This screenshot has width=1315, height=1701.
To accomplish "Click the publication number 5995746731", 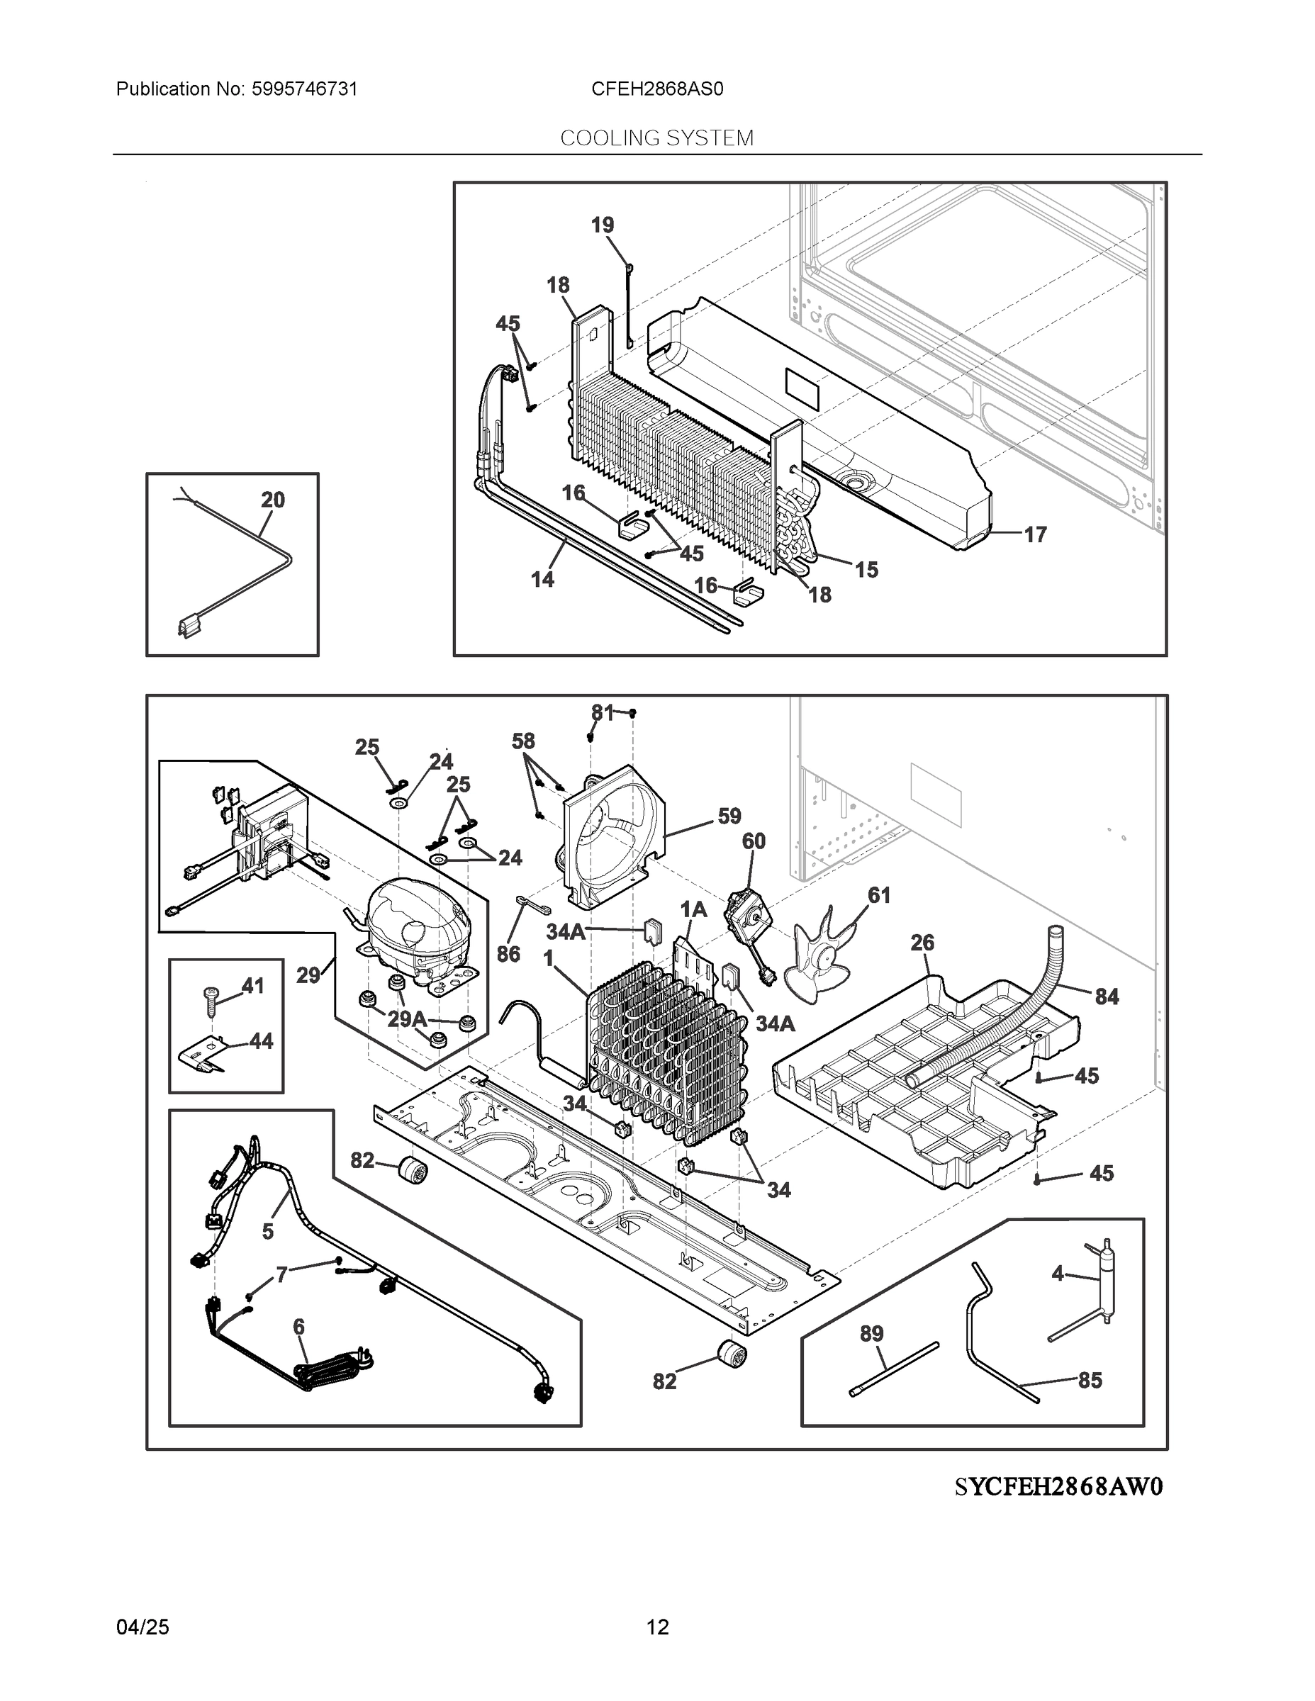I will (x=304, y=89).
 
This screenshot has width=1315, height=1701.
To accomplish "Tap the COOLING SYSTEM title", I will (x=656, y=138).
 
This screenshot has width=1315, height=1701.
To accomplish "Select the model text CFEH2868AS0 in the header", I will (x=656, y=89).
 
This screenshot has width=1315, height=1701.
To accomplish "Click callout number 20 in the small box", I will (x=273, y=499).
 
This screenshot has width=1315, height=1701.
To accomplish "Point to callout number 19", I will (x=602, y=225).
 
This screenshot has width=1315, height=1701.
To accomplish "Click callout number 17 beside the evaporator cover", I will (x=1034, y=534).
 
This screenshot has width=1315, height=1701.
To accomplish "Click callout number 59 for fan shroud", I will (x=729, y=816).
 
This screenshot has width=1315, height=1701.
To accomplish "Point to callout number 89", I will (x=872, y=1333).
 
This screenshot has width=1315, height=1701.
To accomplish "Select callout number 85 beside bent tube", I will (x=1090, y=1380).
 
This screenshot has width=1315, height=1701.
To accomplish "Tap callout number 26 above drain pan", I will (x=922, y=943).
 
